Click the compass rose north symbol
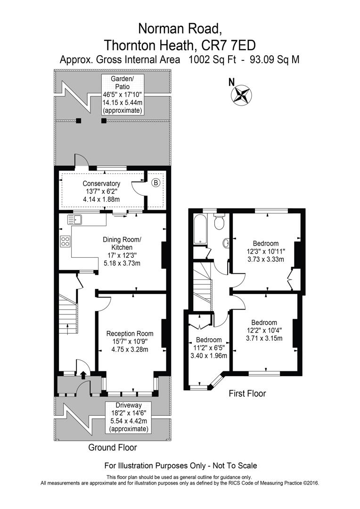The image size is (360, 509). point(241,93)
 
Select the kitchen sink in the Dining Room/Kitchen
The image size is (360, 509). point(74,219)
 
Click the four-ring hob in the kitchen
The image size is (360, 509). point(65,242)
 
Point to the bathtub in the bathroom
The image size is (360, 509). point(200,229)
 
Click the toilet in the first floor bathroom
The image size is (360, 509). point(219,222)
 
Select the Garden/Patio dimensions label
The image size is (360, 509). point(123,94)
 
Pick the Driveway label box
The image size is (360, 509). point(128,418)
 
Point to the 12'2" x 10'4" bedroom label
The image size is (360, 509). point(263,331)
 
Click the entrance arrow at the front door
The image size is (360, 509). point(83,375)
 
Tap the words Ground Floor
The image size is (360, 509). point(113,447)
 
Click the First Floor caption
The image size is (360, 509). point(247,393)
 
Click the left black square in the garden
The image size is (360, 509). point(79,121)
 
